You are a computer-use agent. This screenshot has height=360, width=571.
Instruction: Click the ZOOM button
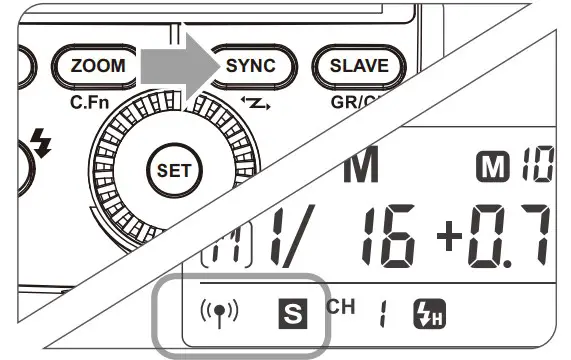pyautogui.click(x=97, y=66)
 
